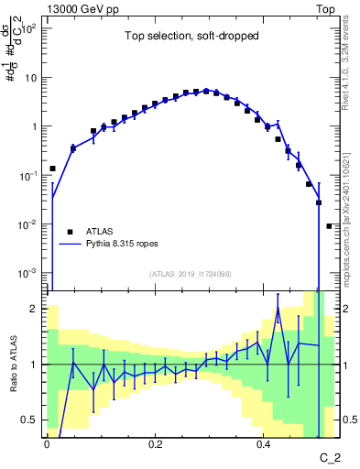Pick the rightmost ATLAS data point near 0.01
pyautogui.click(x=330, y=225)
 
